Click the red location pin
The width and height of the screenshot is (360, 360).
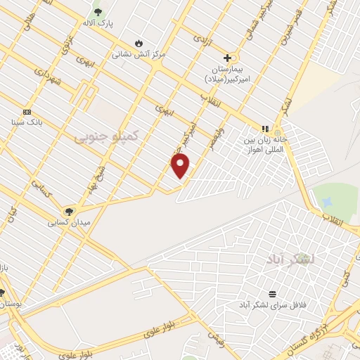(181, 166)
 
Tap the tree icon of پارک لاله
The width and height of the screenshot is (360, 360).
(97, 11)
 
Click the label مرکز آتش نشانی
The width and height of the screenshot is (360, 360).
(139, 53)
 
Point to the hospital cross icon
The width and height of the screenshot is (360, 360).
(227, 58)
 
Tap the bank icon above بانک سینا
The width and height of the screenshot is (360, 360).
(27, 112)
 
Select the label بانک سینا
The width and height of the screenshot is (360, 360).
(27, 122)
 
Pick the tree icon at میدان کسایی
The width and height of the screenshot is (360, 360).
(68, 212)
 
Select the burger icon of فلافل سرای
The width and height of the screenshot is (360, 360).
(272, 294)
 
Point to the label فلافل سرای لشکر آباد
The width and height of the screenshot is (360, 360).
(272, 304)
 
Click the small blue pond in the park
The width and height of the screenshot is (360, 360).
(326, 201)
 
